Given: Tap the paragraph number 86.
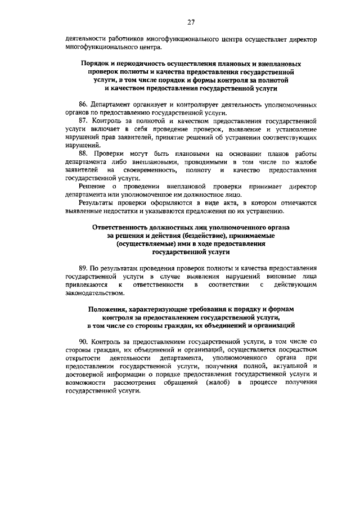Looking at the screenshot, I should coord(84,105).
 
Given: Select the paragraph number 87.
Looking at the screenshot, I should coord(84,121).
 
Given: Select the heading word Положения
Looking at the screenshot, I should coord(109,309).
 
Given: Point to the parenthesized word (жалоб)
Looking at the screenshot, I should coord(217,382).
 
